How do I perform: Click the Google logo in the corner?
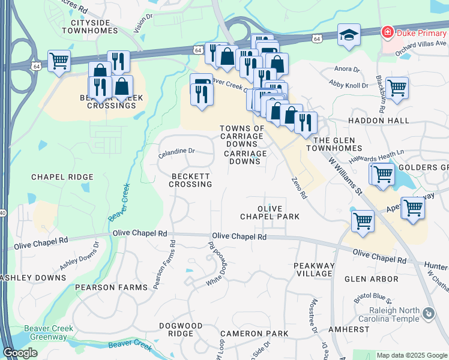click(x=20, y=353)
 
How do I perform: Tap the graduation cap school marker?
click(x=349, y=35)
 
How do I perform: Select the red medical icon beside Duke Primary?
click(x=388, y=31)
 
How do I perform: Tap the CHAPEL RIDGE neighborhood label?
click(x=62, y=177)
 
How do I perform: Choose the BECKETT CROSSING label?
click(x=190, y=180)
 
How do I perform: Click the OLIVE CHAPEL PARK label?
click(x=270, y=212)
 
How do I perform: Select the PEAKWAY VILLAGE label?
click(x=313, y=269)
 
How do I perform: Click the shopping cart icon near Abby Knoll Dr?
click(x=397, y=88)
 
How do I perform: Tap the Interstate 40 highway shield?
click(x=2, y=212)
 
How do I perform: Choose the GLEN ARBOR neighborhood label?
click(x=371, y=279)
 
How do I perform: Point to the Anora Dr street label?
click(x=347, y=70)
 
